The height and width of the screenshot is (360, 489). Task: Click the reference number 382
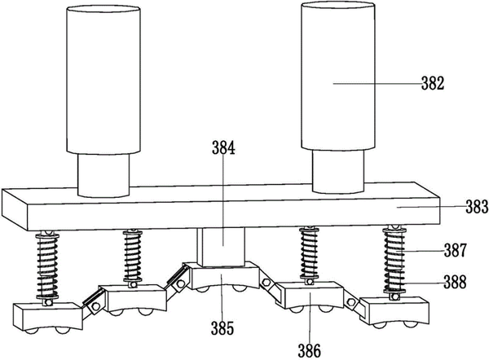433,84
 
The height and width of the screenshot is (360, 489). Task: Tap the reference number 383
477,206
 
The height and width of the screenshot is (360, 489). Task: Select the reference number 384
223,147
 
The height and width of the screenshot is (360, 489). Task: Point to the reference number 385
222,328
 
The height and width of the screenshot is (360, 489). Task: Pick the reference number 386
309,350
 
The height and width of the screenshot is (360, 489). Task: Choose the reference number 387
456,250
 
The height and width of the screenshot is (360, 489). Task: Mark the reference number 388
456,283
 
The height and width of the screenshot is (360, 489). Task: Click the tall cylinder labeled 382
338,76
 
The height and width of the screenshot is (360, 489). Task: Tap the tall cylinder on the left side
104,80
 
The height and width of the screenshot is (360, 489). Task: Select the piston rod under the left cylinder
104,175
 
